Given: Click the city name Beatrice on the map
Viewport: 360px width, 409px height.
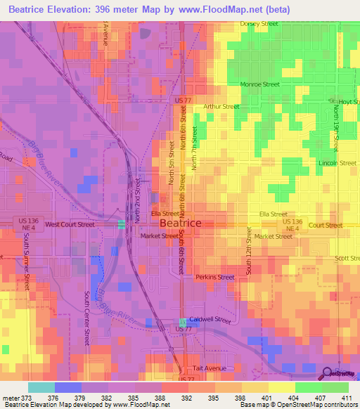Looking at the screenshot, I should point(181,223).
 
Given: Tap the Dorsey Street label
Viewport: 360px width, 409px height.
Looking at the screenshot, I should point(259,23).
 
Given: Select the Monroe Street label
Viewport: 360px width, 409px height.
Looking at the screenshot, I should point(260,84).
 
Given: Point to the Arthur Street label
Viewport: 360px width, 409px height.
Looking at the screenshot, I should point(221,107).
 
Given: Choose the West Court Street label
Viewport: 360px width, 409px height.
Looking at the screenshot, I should point(70,225).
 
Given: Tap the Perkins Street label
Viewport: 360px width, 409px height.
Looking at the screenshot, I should point(215,277).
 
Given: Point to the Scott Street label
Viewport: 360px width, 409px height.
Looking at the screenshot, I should point(347,259).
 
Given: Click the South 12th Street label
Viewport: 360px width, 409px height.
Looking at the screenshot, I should point(249,254).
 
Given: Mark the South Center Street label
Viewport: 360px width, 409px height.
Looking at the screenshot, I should point(87,318).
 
